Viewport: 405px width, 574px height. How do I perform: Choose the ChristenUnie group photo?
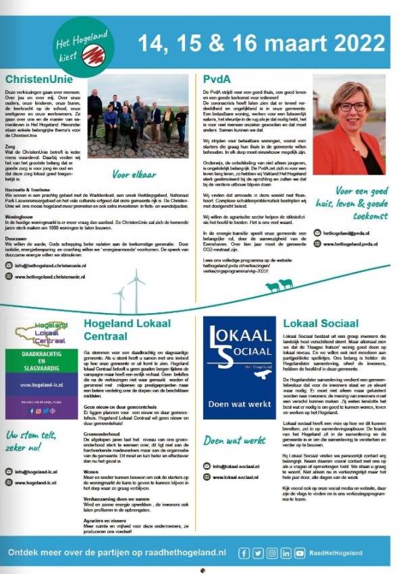(x=137, y=115)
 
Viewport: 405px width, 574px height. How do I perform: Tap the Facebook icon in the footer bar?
(x=244, y=553)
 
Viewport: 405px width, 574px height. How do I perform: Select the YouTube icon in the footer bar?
(x=299, y=553)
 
